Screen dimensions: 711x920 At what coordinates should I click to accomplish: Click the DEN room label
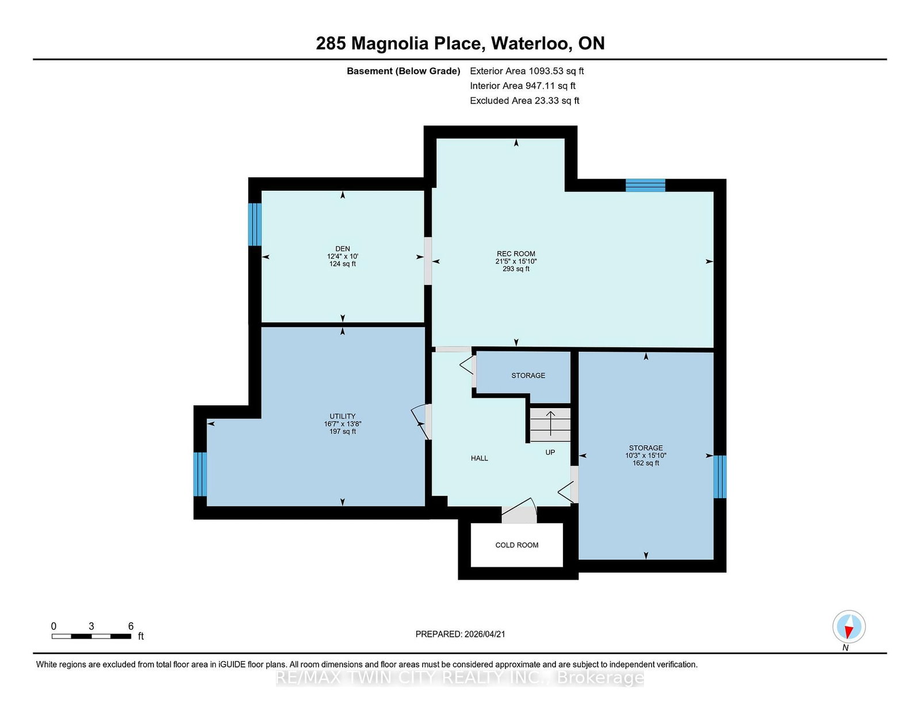pyautogui.click(x=343, y=249)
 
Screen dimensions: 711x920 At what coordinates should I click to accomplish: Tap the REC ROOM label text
pyautogui.click(x=516, y=253)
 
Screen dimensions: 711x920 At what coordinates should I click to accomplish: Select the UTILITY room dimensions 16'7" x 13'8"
pyautogui.click(x=343, y=424)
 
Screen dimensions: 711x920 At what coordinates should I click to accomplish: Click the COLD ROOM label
pyautogui.click(x=516, y=545)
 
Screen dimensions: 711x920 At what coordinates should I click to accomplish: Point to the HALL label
pyautogui.click(x=479, y=458)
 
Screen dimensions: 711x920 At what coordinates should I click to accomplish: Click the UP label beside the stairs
pyautogui.click(x=550, y=452)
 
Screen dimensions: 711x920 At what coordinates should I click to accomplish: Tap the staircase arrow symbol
pyautogui.click(x=550, y=424)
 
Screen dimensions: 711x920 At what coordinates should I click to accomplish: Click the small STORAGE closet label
pyautogui.click(x=528, y=375)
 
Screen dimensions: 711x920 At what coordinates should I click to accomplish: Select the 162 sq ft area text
pyautogui.click(x=646, y=463)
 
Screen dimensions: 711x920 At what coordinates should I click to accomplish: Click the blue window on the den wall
pyautogui.click(x=255, y=224)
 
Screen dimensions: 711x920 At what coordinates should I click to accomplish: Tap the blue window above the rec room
pyautogui.click(x=645, y=185)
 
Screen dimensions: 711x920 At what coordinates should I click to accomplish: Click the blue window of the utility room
pyautogui.click(x=200, y=474)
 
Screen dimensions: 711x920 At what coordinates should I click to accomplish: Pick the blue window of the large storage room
pyautogui.click(x=719, y=476)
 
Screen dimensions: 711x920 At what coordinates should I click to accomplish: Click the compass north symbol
pyautogui.click(x=849, y=627)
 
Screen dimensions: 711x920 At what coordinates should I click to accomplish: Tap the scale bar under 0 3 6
pyautogui.click(x=91, y=636)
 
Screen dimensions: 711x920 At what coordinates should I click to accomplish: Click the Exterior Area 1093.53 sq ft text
pyautogui.click(x=527, y=71)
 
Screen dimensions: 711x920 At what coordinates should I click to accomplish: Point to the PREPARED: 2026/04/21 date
pyautogui.click(x=460, y=634)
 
